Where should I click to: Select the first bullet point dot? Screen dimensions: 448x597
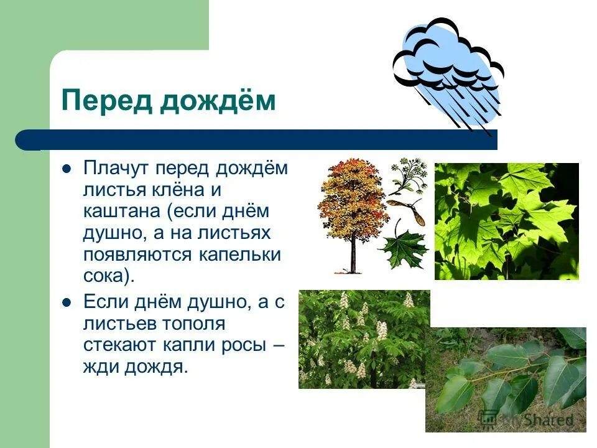67,169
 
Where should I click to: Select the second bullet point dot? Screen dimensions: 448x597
67,304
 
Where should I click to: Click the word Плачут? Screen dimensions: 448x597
116,169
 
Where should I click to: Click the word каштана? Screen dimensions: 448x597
122,212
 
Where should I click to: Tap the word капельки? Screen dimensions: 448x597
246,254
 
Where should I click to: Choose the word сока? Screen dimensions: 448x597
104,276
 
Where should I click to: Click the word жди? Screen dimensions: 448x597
99,367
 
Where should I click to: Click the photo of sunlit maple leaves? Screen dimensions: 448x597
506,221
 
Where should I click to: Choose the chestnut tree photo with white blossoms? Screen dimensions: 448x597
364,339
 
